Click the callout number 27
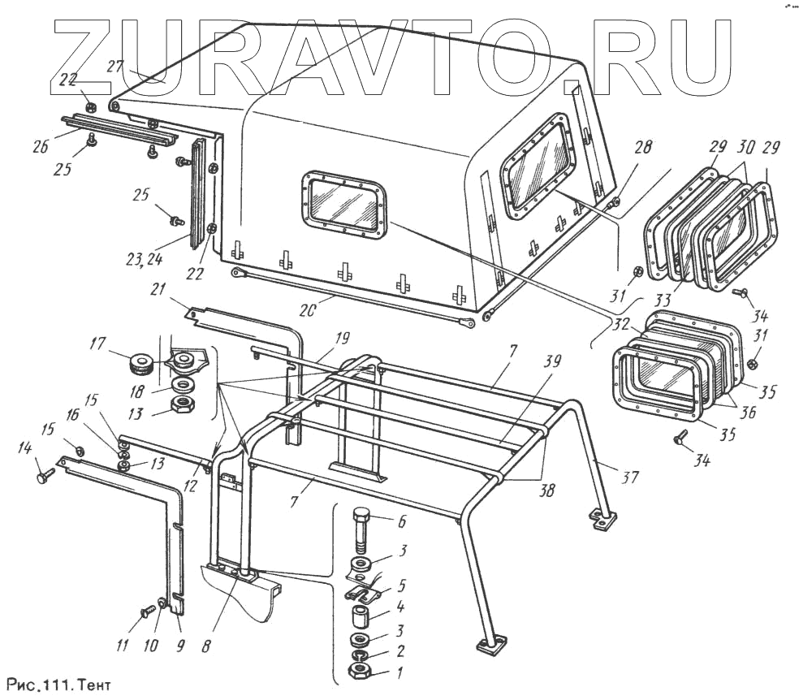(x=115, y=67)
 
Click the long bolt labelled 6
(x=361, y=531)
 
